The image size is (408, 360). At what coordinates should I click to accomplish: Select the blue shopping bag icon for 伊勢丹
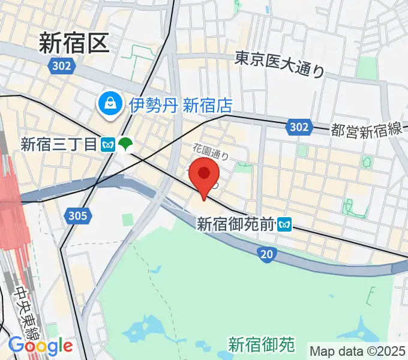coord(111,105)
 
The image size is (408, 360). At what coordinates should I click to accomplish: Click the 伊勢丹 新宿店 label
coord(181,106)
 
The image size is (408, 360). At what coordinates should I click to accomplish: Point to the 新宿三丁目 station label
coord(59,144)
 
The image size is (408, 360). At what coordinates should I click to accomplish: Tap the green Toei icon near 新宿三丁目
coord(125,144)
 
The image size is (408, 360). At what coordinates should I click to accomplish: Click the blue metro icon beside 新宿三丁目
coord(109,144)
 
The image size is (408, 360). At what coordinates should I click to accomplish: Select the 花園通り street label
coord(211,151)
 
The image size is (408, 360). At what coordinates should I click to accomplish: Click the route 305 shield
coord(78,215)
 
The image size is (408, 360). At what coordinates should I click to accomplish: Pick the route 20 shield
coord(268,255)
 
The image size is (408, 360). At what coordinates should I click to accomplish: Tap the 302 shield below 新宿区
coord(61,66)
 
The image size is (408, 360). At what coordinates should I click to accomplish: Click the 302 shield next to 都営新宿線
coord(298,127)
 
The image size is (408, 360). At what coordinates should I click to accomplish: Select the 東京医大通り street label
coord(279,64)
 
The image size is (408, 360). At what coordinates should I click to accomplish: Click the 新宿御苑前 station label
coord(236,225)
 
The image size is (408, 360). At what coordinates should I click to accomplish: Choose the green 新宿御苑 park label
coord(262,344)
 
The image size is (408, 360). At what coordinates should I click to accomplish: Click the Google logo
coord(40,346)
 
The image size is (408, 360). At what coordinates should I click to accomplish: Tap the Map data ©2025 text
coord(358,350)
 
